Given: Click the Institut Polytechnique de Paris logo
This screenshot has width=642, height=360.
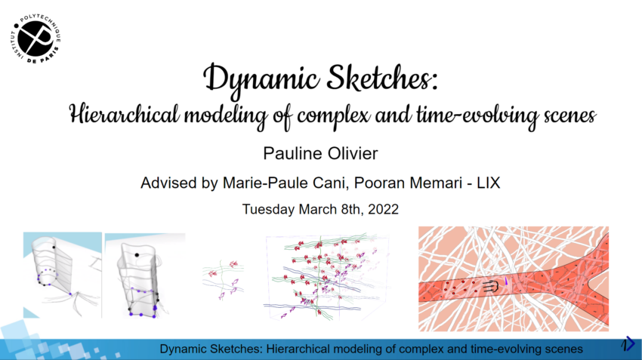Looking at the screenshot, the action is tap(35, 38).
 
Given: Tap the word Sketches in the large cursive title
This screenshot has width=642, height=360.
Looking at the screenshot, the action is tap(382, 77).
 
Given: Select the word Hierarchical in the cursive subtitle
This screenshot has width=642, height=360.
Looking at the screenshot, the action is tap(125, 114).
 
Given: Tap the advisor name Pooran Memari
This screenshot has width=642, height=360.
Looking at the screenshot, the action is tap(408, 183).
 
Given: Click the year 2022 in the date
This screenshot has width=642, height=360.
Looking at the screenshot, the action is tap(383, 209).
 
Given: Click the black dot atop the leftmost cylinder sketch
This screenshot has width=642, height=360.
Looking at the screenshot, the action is tap(54, 248).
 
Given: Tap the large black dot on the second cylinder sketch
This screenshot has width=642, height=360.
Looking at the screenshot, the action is tap(137, 255).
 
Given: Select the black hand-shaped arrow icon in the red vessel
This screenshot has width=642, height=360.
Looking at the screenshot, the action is tap(490, 286).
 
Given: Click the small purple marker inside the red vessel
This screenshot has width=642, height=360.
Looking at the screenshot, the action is tap(506, 281).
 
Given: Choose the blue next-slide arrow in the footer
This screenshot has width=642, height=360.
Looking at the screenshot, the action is tap(628, 344).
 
